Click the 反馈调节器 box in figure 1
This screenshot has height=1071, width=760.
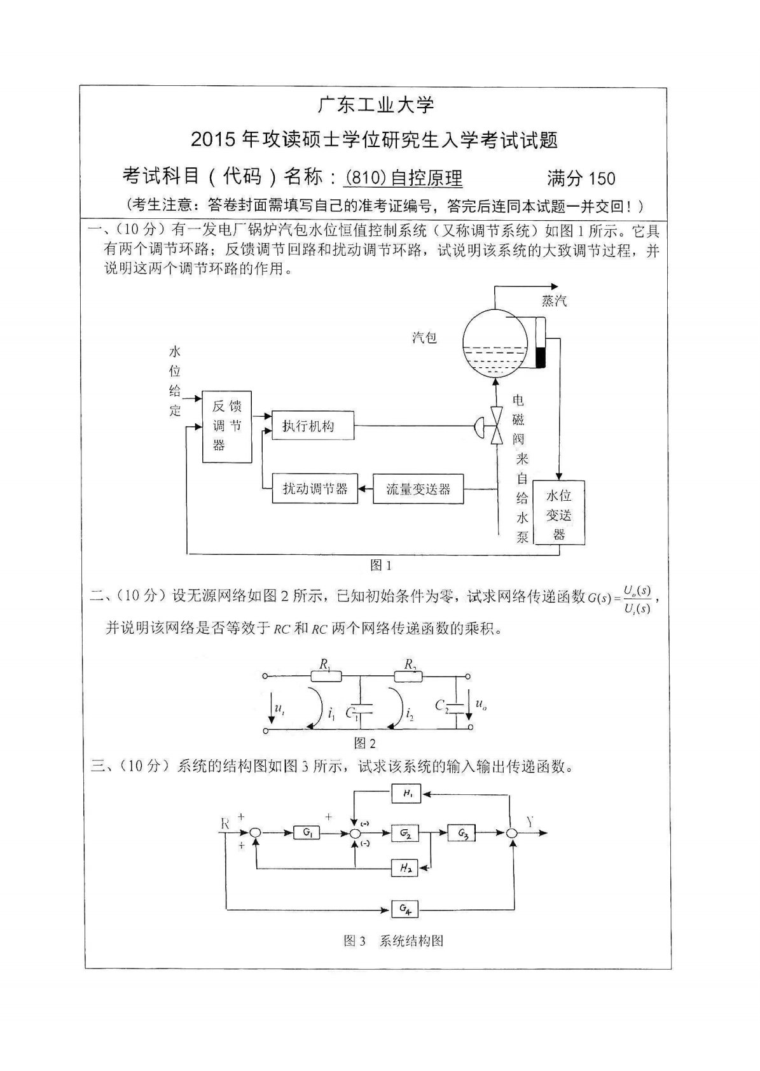click(226, 426)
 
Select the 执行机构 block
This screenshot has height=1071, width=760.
click(312, 426)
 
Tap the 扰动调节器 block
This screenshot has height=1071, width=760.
click(315, 489)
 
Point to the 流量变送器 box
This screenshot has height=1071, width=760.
click(418, 489)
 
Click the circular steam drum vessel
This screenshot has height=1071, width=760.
click(495, 344)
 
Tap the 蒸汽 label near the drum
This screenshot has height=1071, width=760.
click(554, 300)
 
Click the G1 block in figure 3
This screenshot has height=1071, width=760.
click(307, 832)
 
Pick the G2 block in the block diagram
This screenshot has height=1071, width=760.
click(405, 832)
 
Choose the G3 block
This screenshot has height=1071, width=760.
click(462, 832)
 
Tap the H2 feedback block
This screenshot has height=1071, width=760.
click(404, 868)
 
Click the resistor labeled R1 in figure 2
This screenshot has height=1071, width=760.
click(325, 676)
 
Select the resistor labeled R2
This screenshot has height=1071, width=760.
click(410, 676)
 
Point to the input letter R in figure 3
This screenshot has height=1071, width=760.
click(225, 823)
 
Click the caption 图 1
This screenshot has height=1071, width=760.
click(380, 565)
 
